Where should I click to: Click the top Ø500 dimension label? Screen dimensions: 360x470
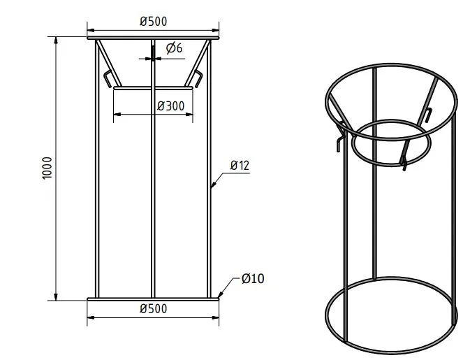click(153, 21)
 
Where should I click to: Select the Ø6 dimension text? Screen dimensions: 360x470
click(175, 48)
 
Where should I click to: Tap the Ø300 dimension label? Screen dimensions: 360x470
click(170, 106)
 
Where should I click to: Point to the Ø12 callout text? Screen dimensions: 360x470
click(240, 166)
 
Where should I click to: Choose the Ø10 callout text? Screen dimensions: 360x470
click(253, 279)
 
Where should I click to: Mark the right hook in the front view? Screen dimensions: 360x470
click(198, 78)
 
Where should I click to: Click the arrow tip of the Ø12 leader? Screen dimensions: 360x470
click(212, 187)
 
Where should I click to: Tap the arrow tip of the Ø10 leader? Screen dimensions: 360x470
click(220, 296)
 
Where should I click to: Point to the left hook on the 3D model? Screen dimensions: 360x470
click(339, 137)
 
